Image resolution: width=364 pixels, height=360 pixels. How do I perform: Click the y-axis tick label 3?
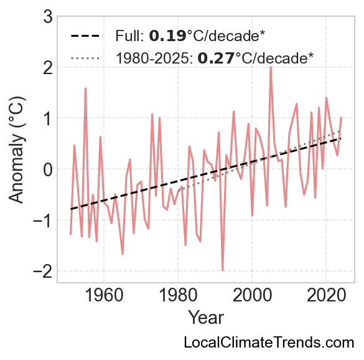pyautogui.click(x=48, y=16)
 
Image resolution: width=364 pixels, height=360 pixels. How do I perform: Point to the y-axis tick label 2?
pyautogui.click(x=48, y=67)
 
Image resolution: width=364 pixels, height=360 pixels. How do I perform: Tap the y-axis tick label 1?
pyautogui.click(x=48, y=118)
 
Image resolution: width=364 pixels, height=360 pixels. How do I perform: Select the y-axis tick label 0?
pyautogui.click(x=48, y=169)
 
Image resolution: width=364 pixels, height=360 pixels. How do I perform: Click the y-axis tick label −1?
pyautogui.click(x=43, y=220)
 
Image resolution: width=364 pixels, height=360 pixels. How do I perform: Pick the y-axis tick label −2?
pyautogui.click(x=43, y=271)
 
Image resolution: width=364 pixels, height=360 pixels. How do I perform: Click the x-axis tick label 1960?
pyautogui.click(x=104, y=296)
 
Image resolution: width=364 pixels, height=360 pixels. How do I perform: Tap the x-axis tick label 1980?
pyautogui.click(x=178, y=296)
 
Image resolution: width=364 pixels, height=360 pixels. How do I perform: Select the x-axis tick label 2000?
pyautogui.click(x=252, y=296)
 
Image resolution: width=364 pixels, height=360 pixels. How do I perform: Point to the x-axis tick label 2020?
pyautogui.click(x=326, y=296)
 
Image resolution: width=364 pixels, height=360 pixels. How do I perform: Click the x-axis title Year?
pyautogui.click(x=206, y=318)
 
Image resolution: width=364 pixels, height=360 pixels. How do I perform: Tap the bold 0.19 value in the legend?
pyautogui.click(x=167, y=36)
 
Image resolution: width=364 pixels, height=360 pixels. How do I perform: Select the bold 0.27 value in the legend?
pyautogui.click(x=216, y=58)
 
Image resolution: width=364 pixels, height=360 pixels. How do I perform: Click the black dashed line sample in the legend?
pyautogui.click(x=86, y=36)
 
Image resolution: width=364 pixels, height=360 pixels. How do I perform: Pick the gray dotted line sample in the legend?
pyautogui.click(x=86, y=58)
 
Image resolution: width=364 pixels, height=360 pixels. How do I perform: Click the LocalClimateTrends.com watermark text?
pyautogui.click(x=269, y=343)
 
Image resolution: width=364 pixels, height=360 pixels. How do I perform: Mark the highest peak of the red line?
pyautogui.click(x=271, y=67)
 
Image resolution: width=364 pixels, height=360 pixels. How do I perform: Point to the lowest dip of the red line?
pyautogui.click(x=222, y=270)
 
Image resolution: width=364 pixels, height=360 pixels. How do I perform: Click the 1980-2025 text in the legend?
pyautogui.click(x=154, y=58)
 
